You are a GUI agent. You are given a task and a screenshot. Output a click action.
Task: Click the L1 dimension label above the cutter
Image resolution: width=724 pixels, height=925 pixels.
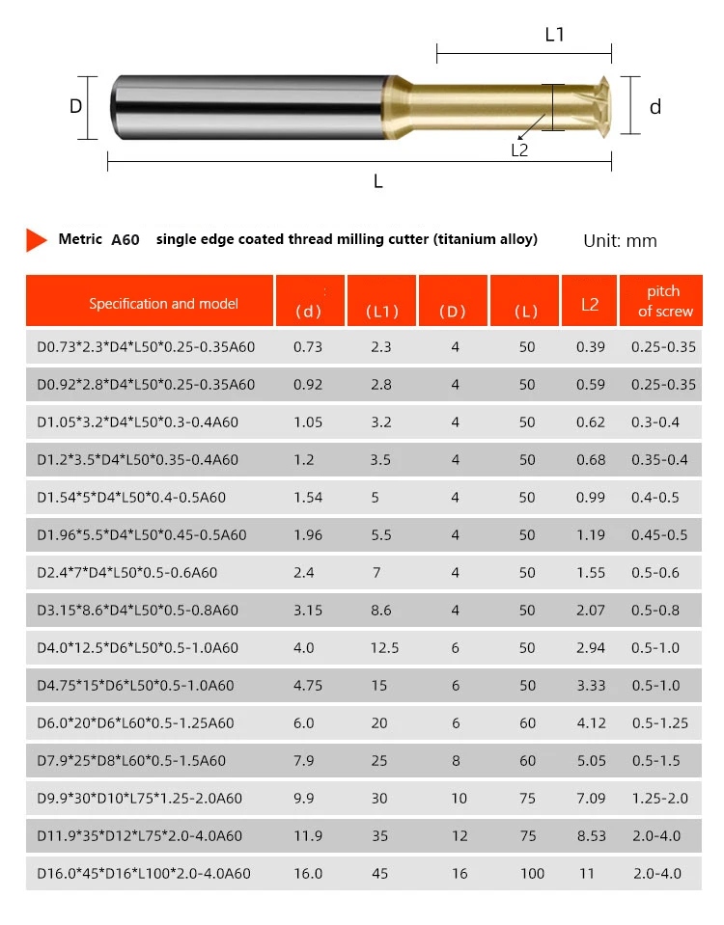click(x=554, y=35)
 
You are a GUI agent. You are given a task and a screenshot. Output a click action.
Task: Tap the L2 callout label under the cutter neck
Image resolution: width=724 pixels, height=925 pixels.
click(x=519, y=150)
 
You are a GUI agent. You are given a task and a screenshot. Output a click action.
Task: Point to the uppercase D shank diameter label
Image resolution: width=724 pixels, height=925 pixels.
click(x=76, y=106)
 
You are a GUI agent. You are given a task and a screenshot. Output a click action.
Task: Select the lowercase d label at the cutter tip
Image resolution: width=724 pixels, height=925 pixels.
click(x=655, y=107)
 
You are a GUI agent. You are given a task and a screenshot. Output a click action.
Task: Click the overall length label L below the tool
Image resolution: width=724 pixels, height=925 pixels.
click(x=377, y=181)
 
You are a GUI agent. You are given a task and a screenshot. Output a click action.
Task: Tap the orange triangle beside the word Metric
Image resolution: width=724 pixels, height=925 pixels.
click(x=37, y=239)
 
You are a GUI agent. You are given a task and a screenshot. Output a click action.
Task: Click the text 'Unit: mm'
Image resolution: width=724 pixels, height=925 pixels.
click(x=620, y=240)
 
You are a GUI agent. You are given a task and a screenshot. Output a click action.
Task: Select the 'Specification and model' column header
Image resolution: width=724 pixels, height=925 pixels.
click(x=150, y=303)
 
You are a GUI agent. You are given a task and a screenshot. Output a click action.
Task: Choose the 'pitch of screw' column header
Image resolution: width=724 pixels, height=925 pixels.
click(x=664, y=300)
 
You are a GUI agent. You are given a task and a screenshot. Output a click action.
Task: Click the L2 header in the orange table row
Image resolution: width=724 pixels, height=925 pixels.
click(x=590, y=304)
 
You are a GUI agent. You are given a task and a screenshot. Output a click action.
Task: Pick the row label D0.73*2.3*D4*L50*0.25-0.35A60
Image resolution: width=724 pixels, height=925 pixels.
click(x=139, y=346)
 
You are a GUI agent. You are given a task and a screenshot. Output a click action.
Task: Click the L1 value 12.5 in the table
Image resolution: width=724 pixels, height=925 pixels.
click(x=384, y=647)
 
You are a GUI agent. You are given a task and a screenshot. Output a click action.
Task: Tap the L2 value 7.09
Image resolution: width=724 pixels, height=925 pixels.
click(x=590, y=798)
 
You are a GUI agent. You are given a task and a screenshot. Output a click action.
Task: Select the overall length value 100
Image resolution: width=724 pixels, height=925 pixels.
click(x=532, y=873)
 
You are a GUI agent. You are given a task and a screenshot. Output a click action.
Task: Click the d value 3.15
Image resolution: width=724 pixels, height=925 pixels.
click(x=306, y=610)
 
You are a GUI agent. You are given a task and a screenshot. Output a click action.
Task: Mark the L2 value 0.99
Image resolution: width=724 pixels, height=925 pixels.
click(x=590, y=497)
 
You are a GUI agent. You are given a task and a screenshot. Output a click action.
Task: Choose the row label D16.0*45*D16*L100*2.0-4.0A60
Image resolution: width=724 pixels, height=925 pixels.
click(x=142, y=873)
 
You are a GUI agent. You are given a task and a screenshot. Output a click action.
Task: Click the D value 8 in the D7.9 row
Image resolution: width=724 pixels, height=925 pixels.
click(x=456, y=760)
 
